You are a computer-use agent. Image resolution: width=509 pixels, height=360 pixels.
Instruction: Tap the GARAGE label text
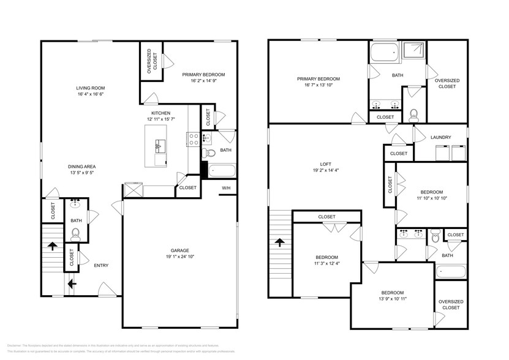coord(179,250)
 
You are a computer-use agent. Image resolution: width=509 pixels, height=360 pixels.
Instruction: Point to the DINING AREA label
coord(81,166)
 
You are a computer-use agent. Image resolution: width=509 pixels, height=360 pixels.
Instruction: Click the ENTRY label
coord(101,265)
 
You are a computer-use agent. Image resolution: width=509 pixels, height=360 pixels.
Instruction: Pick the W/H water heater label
coord(226,187)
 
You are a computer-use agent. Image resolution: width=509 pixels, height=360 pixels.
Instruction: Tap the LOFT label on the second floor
coord(326,163)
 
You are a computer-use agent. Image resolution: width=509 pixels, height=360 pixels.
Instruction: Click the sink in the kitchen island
coord(160,145)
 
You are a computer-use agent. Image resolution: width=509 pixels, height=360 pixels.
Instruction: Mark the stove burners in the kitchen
coord(193,139)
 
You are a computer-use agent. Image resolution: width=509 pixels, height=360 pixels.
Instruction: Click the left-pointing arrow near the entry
coord(72,283)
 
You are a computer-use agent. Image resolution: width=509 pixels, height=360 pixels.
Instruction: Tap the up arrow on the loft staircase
coord(281,242)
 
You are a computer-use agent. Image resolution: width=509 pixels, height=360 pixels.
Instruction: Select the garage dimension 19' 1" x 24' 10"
coord(179,257)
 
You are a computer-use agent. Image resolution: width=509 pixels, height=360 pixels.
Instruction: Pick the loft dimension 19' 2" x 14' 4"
coord(326,171)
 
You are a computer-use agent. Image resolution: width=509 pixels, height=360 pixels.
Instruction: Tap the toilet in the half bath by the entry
coord(76,233)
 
